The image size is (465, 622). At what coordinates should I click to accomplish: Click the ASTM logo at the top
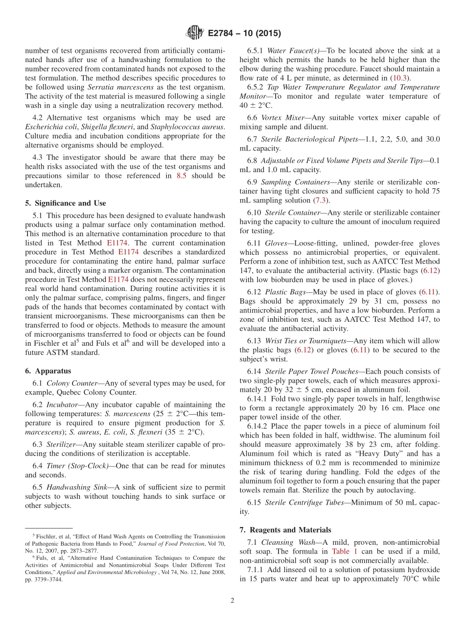(194, 33)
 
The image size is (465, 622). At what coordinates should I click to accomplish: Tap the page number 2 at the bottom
(232, 600)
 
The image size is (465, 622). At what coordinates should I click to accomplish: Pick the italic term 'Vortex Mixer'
(282, 117)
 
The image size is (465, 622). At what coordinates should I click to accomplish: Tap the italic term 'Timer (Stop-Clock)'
(78, 466)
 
